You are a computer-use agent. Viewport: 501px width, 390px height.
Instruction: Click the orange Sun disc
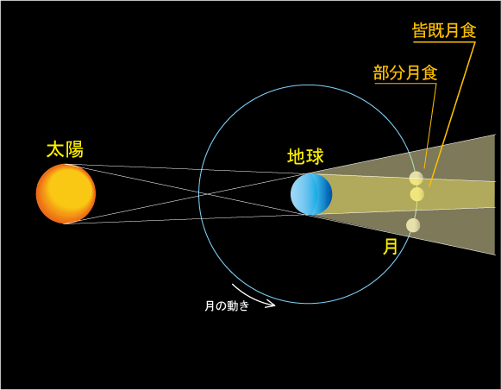(x=66, y=194)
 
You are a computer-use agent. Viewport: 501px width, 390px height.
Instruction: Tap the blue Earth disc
(x=311, y=194)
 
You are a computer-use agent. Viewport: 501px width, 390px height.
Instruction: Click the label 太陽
(x=65, y=149)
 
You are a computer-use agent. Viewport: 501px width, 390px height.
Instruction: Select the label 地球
(x=305, y=156)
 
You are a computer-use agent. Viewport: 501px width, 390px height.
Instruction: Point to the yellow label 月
(x=390, y=247)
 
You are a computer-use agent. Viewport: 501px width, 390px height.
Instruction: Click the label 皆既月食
(x=444, y=31)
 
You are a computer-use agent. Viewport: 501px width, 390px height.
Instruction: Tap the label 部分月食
(x=405, y=72)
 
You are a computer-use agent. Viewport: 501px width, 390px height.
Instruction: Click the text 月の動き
(x=227, y=306)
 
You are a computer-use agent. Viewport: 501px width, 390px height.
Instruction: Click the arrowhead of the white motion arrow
(x=272, y=304)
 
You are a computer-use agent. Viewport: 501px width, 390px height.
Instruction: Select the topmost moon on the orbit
(x=416, y=179)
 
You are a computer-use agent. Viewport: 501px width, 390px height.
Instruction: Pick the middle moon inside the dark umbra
(x=417, y=194)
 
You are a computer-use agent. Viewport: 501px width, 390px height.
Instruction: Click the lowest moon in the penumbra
(x=413, y=225)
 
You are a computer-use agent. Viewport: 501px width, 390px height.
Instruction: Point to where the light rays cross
(x=207, y=194)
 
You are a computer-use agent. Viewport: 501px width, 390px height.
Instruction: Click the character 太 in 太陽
(x=55, y=149)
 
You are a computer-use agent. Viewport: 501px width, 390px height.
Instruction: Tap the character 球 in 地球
(x=315, y=156)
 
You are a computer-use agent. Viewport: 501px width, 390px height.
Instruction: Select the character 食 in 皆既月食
(x=468, y=31)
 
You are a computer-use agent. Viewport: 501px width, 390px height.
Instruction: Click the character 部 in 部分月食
(x=381, y=72)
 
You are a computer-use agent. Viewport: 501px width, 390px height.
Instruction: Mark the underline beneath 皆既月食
(x=444, y=41)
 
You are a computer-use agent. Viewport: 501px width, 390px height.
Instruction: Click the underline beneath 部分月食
(x=405, y=84)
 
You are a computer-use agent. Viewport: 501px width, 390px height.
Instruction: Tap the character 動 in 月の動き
(x=232, y=306)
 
